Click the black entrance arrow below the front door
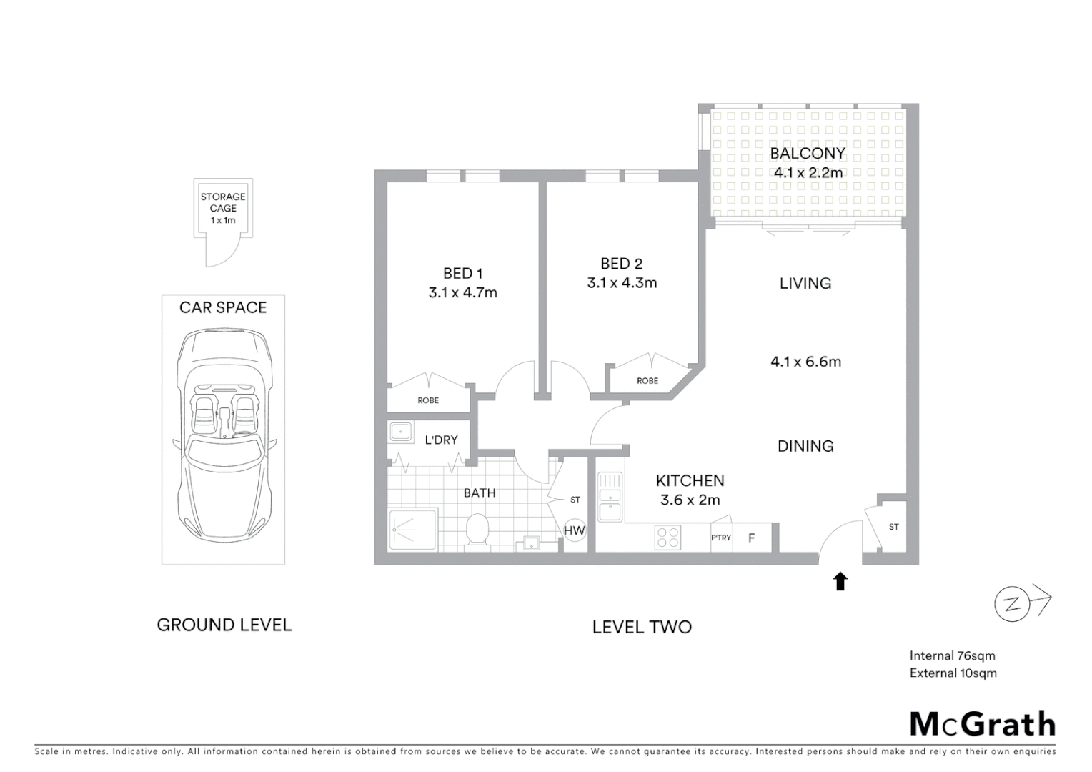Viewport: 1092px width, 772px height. pos(840,581)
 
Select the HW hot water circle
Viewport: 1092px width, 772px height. pos(575,530)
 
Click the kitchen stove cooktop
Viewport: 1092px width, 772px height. pos(667,538)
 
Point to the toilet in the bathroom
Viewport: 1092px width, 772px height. pos(476,530)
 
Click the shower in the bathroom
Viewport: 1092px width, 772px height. pos(412,530)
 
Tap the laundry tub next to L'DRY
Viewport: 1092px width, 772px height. pos(400,432)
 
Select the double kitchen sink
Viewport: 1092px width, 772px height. pos(610,496)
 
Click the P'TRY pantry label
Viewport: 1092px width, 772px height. pos(720,538)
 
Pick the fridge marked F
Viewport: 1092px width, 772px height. pos(751,538)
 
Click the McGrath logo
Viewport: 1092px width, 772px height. pos(982,724)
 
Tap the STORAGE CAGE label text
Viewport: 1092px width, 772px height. pos(223,202)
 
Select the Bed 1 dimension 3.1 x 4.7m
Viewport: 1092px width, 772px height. pos(462,292)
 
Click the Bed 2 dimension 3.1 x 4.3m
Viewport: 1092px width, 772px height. pos(622,283)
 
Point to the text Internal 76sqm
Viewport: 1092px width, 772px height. pos(952,655)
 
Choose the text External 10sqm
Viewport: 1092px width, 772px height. pos(953,673)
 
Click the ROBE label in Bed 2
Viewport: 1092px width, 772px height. pos(647,381)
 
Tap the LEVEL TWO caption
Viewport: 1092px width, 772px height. pos(642,627)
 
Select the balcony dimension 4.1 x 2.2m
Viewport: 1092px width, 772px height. pos(808,172)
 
